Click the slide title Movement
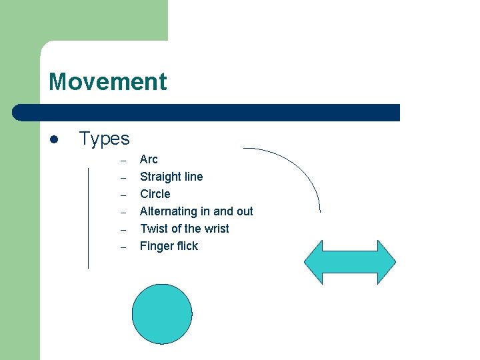click(x=107, y=82)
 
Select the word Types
click(x=104, y=139)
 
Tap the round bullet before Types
click(x=55, y=140)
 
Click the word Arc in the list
click(x=149, y=159)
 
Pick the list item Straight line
click(x=171, y=177)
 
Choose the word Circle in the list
click(x=155, y=194)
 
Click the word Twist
click(x=153, y=229)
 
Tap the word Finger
click(x=155, y=246)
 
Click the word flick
click(x=187, y=246)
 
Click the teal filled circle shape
click(x=162, y=314)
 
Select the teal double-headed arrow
click(x=350, y=262)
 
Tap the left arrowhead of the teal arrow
click(x=314, y=262)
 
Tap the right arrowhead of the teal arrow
click(x=386, y=262)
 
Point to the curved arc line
click(x=301, y=167)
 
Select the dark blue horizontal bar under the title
click(x=207, y=112)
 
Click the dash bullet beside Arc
click(x=123, y=161)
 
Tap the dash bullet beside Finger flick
click(x=123, y=247)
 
